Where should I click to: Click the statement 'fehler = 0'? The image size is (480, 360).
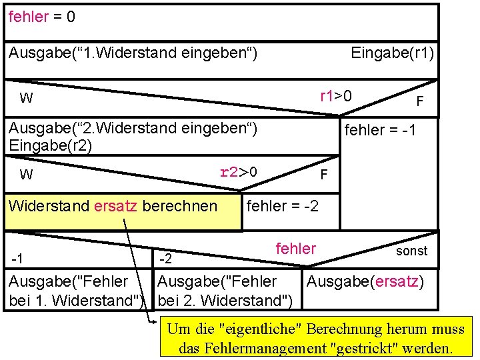click(41, 17)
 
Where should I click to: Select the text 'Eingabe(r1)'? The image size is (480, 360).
click(392, 53)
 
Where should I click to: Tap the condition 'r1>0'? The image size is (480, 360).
click(336, 96)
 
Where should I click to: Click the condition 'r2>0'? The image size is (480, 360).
click(238, 173)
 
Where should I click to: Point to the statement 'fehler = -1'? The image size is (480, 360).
click(380, 130)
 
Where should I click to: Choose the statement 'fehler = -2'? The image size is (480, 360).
click(282, 206)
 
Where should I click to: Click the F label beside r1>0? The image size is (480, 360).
click(419, 101)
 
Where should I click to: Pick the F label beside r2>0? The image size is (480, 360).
click(323, 175)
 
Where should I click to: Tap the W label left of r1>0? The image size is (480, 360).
click(26, 99)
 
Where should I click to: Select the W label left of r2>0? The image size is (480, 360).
click(26, 175)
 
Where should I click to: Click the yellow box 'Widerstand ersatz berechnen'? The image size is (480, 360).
click(113, 206)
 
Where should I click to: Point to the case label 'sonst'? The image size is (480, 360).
click(411, 251)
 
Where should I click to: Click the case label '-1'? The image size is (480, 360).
click(19, 257)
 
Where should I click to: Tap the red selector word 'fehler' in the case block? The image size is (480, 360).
click(295, 249)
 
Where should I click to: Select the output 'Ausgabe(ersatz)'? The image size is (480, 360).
click(365, 281)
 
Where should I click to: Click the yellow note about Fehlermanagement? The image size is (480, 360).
click(315, 338)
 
